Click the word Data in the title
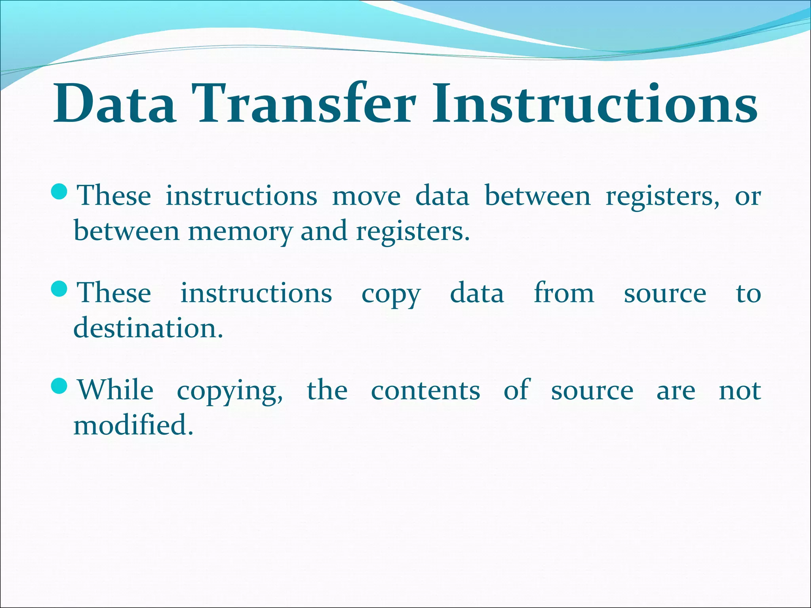tap(115, 104)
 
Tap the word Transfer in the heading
tap(304, 104)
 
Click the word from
tap(564, 293)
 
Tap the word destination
tap(148, 329)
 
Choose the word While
tap(115, 390)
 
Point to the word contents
tap(426, 391)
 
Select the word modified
tap(133, 425)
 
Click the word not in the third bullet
tap(740, 391)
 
